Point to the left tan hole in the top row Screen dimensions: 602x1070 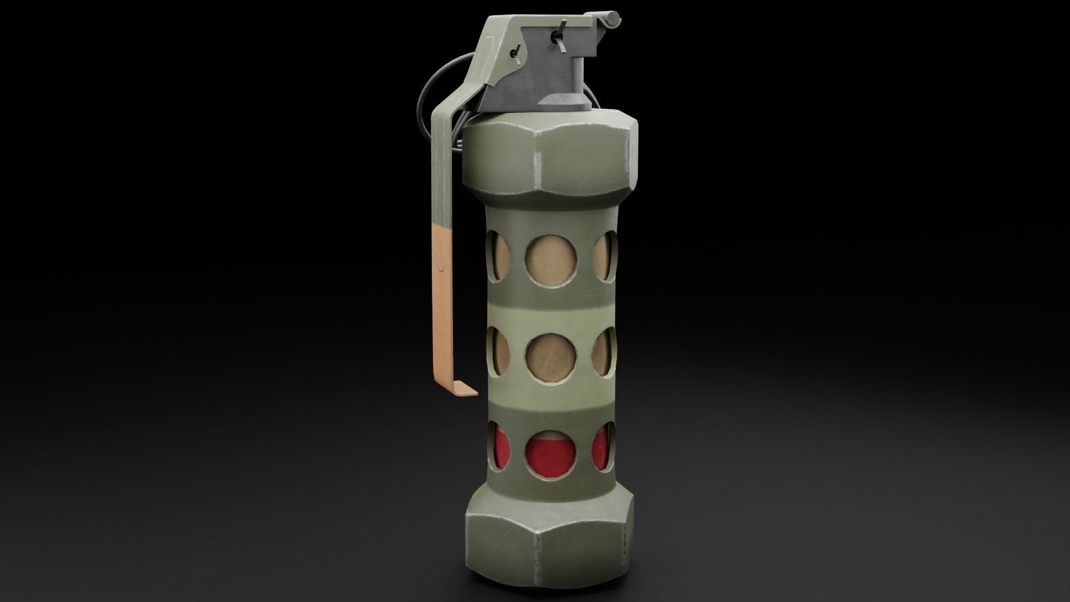pos(499,256)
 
